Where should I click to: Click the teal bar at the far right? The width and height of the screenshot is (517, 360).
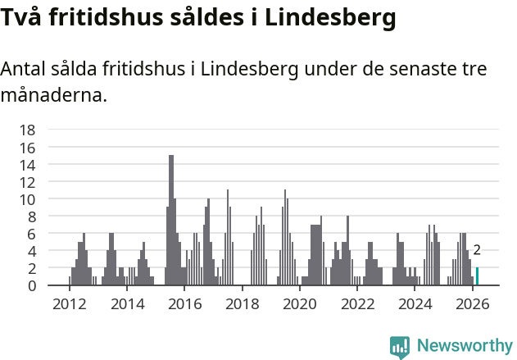478,276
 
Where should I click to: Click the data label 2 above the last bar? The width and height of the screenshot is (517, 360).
477,251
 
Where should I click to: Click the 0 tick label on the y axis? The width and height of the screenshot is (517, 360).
31,286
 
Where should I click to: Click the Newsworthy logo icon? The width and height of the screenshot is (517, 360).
400,346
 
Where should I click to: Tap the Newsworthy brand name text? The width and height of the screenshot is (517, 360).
464,346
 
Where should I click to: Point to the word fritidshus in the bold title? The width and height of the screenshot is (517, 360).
114,17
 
